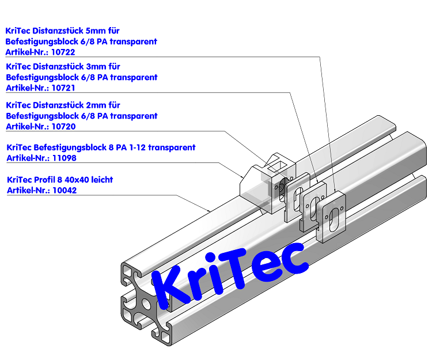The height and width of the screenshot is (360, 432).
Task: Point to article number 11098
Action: pos(64,158)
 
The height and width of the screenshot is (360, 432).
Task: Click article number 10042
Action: pos(65,190)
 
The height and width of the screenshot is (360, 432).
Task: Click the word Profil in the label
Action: pos(44,180)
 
